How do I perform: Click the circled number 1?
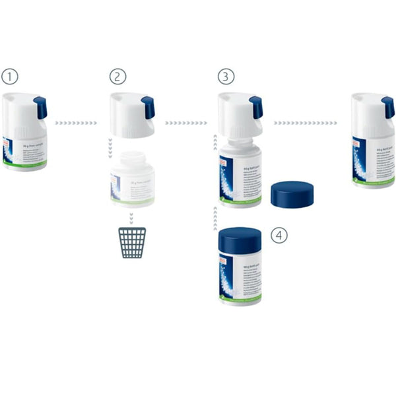pyautogui.click(x=9, y=77)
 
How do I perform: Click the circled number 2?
pyautogui.click(x=117, y=77)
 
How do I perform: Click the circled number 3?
pyautogui.click(x=226, y=77)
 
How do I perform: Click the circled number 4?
pyautogui.click(x=279, y=234)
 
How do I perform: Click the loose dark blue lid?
pyautogui.click(x=292, y=194)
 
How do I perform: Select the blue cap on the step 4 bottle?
pyautogui.click(x=240, y=239)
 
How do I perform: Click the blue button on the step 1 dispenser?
pyautogui.click(x=40, y=108)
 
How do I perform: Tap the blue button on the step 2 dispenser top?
pyautogui.click(x=148, y=108)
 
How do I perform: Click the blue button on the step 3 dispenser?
pyautogui.click(x=256, y=108)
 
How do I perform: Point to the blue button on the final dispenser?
pyautogui.click(x=388, y=108)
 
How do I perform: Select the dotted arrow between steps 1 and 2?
pyautogui.click(x=76, y=123)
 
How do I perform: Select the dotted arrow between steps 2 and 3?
pyautogui.click(x=185, y=123)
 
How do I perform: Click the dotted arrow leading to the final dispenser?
pyautogui.click(x=306, y=123)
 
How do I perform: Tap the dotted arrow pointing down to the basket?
pyautogui.click(x=131, y=217)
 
